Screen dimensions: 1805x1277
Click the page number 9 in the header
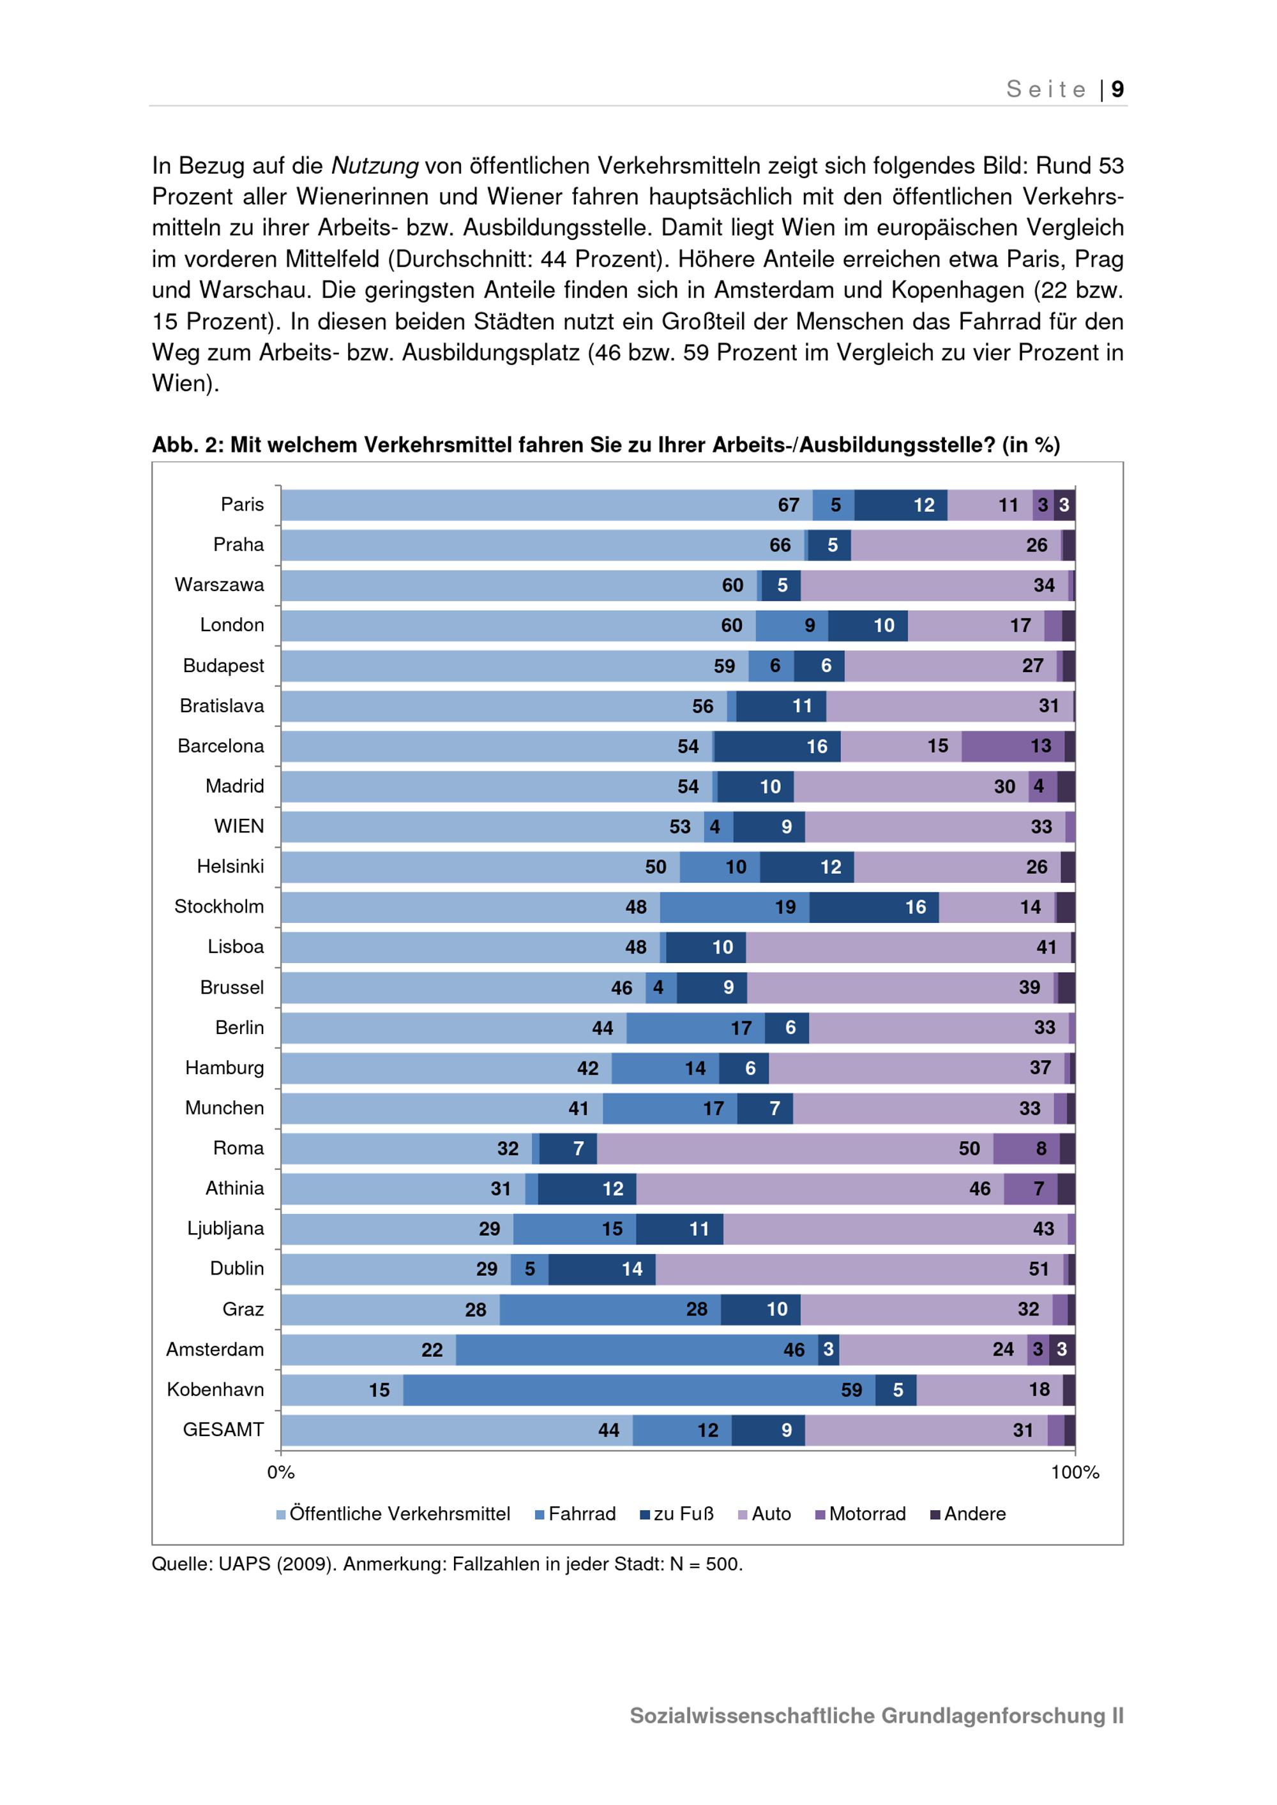[1117, 89]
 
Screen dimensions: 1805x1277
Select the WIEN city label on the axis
[238, 827]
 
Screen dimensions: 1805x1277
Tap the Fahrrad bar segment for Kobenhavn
[638, 1390]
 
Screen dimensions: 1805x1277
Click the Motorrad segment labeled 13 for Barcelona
[1013, 746]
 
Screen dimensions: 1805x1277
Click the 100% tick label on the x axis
[1075, 1472]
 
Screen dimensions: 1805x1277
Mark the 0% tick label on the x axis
[281, 1472]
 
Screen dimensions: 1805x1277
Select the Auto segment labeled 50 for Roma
[794, 1149]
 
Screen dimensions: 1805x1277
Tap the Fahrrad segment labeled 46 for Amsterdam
[637, 1350]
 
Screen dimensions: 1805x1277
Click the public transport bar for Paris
[547, 506]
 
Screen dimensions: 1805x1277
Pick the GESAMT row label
[223, 1429]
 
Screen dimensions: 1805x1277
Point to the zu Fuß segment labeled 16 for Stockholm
[873, 907]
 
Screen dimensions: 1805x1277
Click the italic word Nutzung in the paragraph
[374, 166]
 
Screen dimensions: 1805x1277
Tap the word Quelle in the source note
[181, 1564]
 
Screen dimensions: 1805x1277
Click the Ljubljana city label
[225, 1228]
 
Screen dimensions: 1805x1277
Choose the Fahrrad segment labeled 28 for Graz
[610, 1309]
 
